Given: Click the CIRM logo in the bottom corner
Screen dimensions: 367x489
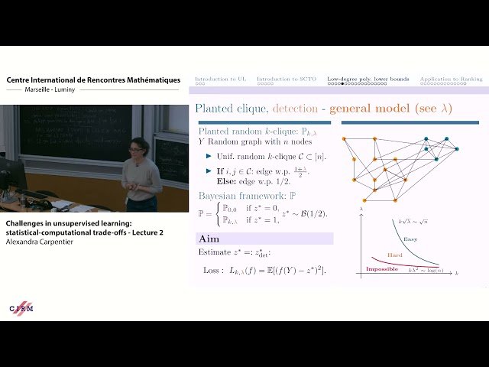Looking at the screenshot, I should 21,308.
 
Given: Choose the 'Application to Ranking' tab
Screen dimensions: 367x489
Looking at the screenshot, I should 451,79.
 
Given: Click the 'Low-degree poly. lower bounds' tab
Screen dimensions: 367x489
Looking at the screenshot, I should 368,79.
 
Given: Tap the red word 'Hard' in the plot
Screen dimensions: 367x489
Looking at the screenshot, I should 395,255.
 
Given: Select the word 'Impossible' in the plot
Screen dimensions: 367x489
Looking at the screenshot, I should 382,269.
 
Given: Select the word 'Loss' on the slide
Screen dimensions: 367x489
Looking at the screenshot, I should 213,271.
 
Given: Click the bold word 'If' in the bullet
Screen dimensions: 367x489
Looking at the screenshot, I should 220,171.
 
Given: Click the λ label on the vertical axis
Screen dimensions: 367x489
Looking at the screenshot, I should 359,209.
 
